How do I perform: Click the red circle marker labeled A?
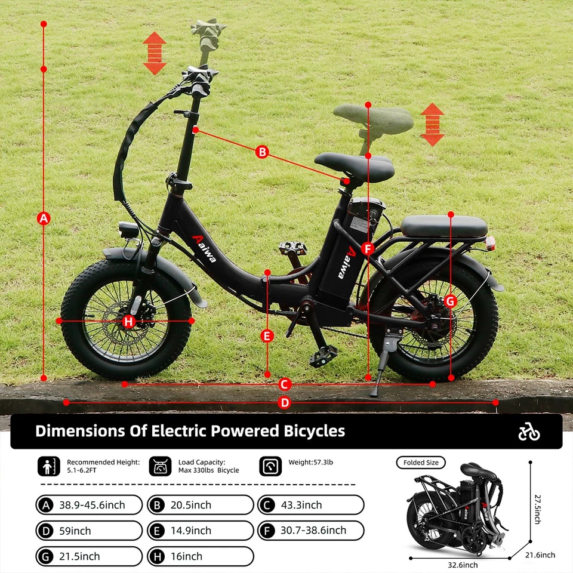pyautogui.click(x=43, y=218)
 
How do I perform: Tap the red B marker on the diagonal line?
pyautogui.click(x=261, y=152)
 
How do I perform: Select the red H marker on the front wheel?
pyautogui.click(x=129, y=322)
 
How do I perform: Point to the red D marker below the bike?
pyautogui.click(x=285, y=403)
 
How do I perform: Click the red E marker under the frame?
pyautogui.click(x=267, y=336)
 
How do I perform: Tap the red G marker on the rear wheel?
pyautogui.click(x=451, y=301)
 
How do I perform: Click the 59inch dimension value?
pyautogui.click(x=75, y=531)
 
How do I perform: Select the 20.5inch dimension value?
pyautogui.click(x=190, y=505)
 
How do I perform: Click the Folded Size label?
pyautogui.click(x=421, y=463)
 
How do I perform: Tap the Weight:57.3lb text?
pyautogui.click(x=310, y=462)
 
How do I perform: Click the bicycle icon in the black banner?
pyautogui.click(x=529, y=432)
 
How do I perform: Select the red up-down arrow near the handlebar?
pyautogui.click(x=155, y=54)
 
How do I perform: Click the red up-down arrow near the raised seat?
pyautogui.click(x=432, y=125)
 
